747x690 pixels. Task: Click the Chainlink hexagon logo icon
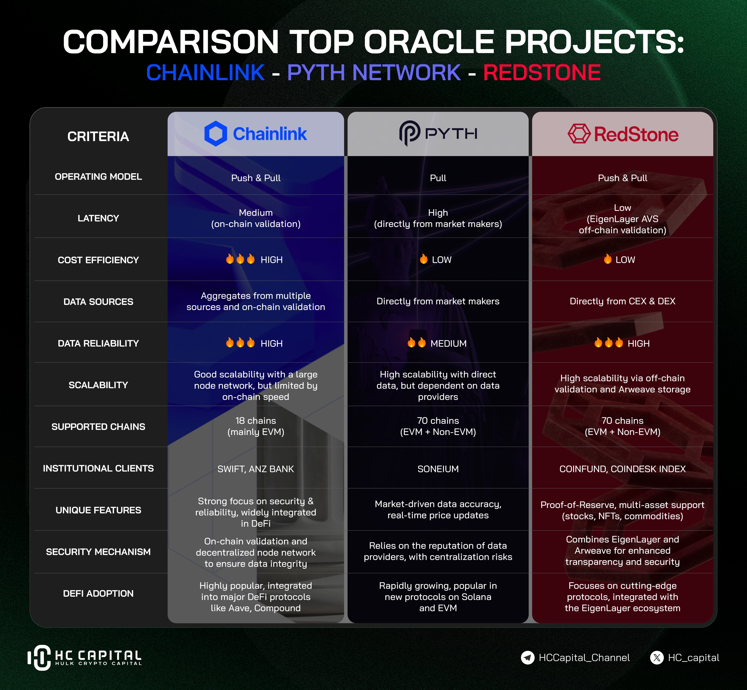pos(216,134)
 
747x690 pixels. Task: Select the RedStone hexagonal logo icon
pos(579,134)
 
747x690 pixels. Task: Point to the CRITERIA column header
pos(98,137)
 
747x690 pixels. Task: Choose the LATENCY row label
pos(98,218)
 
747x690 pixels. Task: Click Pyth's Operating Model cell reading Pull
pos(438,178)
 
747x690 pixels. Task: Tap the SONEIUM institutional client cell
pos(438,469)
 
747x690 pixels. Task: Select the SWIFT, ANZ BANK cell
pos(256,469)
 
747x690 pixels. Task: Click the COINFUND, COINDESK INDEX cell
pos(623,469)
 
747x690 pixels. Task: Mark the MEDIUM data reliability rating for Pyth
pos(448,344)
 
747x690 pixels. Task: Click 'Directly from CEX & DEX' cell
pos(623,301)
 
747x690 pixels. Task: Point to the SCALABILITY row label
pos(98,385)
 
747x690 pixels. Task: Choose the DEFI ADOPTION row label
pos(98,594)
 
